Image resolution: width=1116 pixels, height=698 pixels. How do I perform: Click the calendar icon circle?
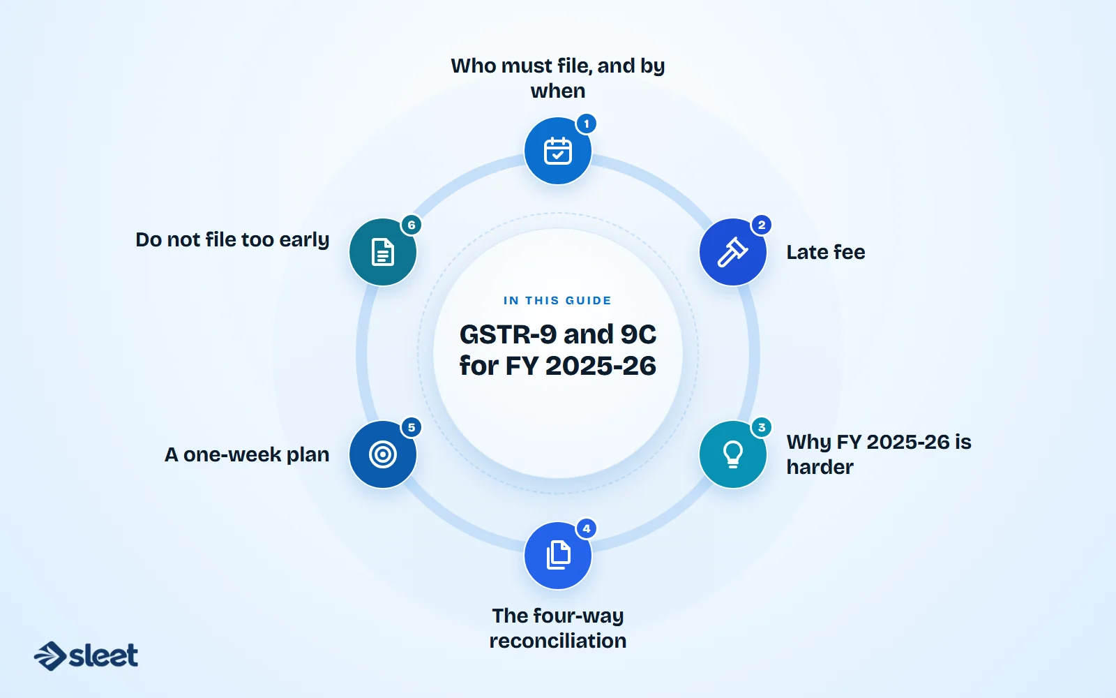click(x=557, y=151)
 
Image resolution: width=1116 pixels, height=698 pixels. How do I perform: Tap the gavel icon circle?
click(x=732, y=252)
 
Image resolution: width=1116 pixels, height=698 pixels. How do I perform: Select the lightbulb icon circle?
click(x=732, y=454)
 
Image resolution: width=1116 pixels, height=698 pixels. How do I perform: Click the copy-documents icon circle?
click(x=557, y=556)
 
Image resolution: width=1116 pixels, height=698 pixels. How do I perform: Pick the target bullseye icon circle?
click(x=383, y=454)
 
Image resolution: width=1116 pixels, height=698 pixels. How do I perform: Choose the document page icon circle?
click(x=383, y=252)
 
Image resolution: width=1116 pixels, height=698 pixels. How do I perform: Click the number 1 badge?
click(x=587, y=124)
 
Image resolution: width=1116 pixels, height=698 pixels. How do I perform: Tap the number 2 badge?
click(x=761, y=225)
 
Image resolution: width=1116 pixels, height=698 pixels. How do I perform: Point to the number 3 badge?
click(x=761, y=427)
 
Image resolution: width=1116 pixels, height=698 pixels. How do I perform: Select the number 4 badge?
click(x=587, y=528)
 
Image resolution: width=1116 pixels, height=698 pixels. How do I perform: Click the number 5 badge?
click(x=412, y=427)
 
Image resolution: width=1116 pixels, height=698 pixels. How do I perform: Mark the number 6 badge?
click(x=412, y=225)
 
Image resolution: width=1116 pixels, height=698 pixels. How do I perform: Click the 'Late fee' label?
click(x=826, y=252)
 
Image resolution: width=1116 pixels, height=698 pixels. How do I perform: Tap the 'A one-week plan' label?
click(x=247, y=454)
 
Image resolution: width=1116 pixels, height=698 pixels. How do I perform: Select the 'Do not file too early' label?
click(x=233, y=240)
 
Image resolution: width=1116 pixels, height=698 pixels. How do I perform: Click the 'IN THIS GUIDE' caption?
click(x=557, y=301)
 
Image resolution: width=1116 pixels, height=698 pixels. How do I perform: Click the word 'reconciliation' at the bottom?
click(x=557, y=641)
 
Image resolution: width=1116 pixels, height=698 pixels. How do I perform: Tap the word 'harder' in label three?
click(x=820, y=468)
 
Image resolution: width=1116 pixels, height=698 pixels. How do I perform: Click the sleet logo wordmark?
click(x=103, y=655)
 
